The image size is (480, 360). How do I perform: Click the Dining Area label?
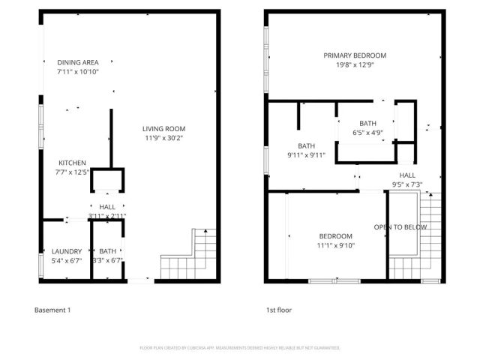[78, 62]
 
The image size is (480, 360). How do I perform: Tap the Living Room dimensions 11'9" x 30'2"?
[164, 138]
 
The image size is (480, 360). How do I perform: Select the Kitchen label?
[73, 163]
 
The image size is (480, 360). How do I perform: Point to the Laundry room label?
[66, 251]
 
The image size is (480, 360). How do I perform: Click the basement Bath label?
[108, 251]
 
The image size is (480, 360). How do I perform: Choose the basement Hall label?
[107, 207]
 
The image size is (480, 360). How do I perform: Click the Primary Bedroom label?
[355, 55]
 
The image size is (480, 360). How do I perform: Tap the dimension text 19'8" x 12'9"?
[355, 64]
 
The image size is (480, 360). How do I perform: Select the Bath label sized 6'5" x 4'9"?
[367, 124]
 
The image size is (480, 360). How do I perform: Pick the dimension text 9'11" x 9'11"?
[305, 155]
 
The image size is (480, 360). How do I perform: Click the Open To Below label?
[401, 226]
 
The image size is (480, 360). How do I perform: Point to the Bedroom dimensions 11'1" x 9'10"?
[335, 245]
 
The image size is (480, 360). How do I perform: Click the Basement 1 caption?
[53, 310]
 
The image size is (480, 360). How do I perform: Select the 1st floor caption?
[279, 310]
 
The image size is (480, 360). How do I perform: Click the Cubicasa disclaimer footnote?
[240, 348]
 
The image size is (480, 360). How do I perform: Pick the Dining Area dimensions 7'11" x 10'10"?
[78, 71]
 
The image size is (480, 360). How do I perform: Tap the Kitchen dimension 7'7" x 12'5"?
[73, 172]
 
